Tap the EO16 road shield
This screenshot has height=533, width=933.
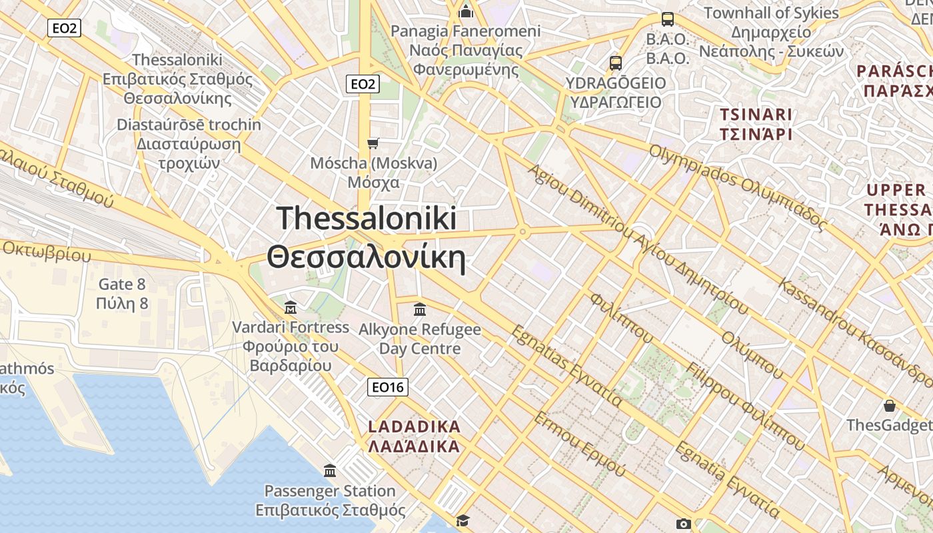tap(388, 387)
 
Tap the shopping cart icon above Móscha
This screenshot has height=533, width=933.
tap(373, 143)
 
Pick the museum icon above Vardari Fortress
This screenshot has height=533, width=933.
tap(291, 308)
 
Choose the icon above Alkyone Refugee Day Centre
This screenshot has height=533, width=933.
tap(420, 309)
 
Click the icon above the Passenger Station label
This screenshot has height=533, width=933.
tap(330, 471)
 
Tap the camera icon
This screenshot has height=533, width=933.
tap(683, 524)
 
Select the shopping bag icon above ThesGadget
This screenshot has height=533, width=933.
tap(889, 405)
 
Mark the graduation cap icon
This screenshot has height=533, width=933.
tap(463, 520)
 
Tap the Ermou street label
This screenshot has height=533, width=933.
tap(579, 444)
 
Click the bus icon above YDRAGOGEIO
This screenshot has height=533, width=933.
tap(616, 63)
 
